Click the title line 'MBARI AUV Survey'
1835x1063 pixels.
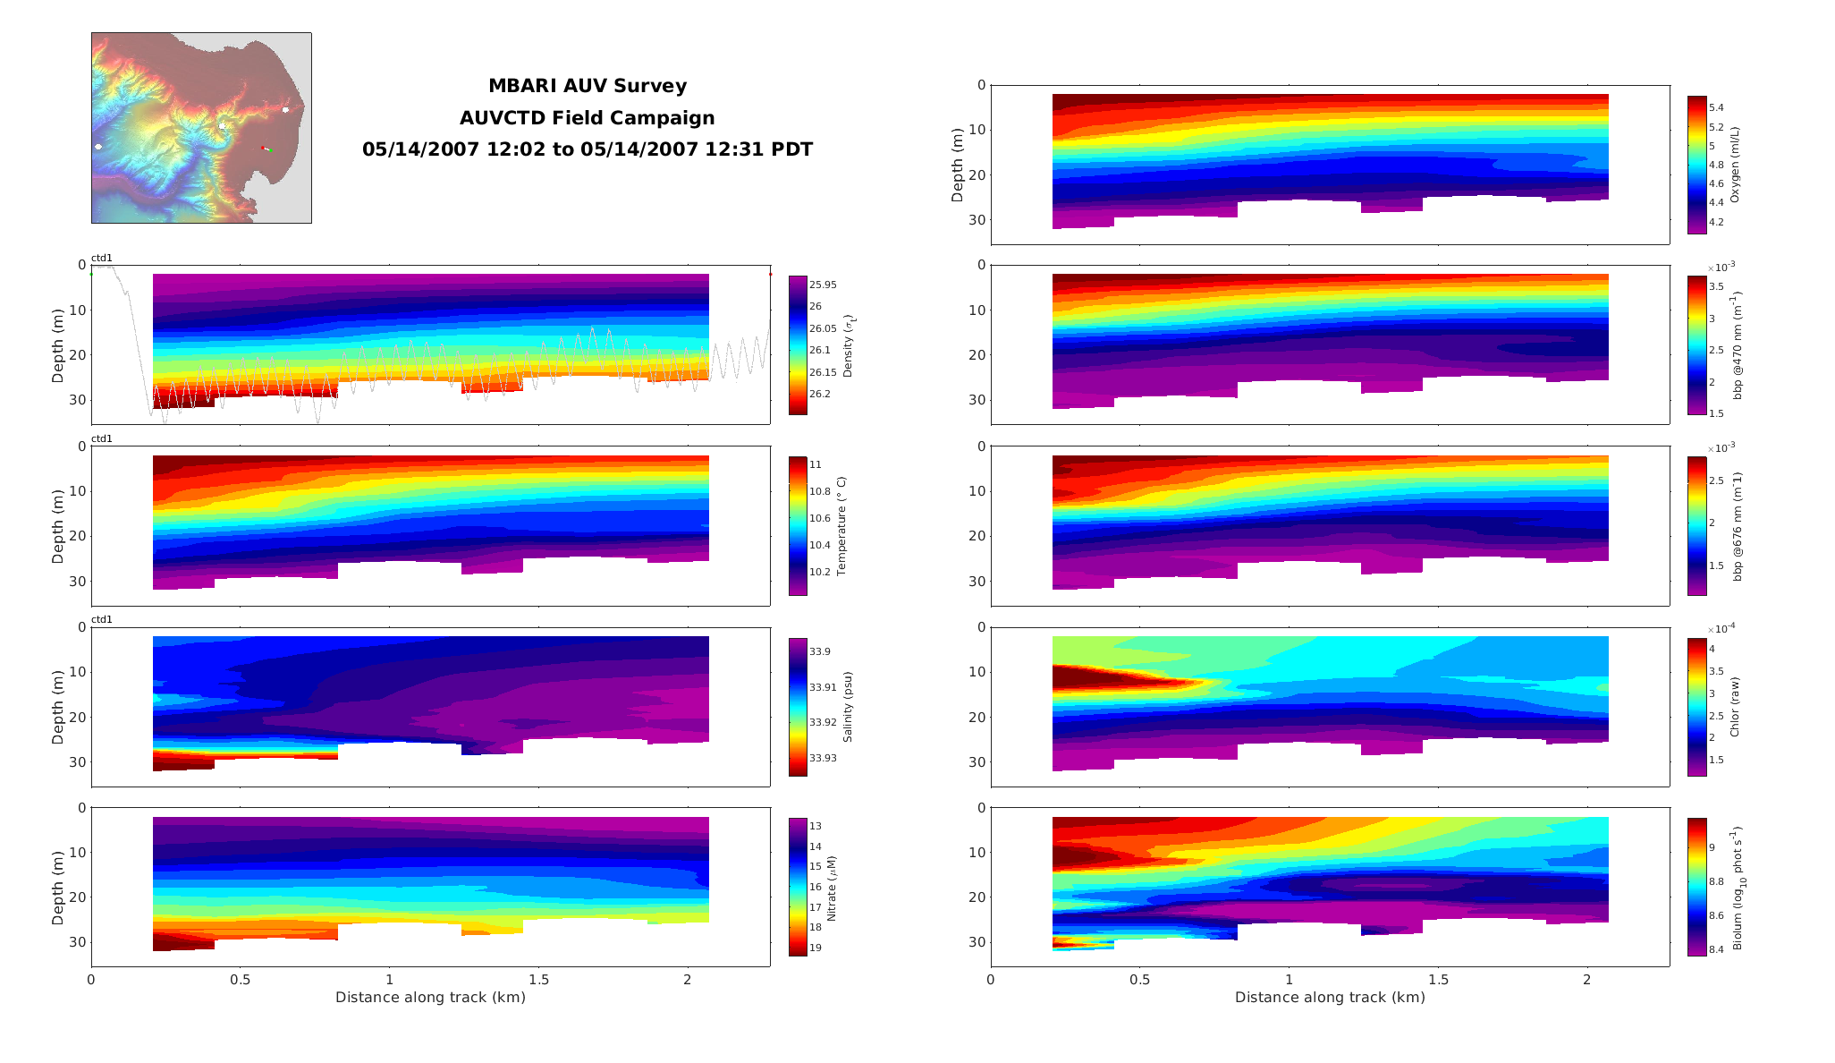(x=587, y=86)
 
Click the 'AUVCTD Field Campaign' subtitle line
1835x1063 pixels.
(x=587, y=118)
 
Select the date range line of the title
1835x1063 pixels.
(x=587, y=149)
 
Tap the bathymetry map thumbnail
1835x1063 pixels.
(x=201, y=128)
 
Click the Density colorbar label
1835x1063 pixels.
(x=848, y=345)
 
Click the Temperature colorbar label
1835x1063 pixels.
(x=841, y=525)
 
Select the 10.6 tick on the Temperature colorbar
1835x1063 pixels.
(x=819, y=518)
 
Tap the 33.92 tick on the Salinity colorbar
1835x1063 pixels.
(x=823, y=722)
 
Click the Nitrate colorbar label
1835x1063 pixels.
(x=832, y=888)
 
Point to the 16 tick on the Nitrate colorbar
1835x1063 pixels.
(x=816, y=887)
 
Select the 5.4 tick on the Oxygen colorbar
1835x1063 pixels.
(x=1716, y=107)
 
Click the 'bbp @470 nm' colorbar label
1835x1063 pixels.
(x=1738, y=344)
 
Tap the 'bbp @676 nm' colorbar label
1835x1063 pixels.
(x=1738, y=526)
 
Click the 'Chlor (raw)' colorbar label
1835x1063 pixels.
(x=1735, y=707)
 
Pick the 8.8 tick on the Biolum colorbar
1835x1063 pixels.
(x=1716, y=881)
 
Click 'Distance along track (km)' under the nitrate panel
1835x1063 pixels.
(x=430, y=997)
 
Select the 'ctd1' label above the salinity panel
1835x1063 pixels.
(x=102, y=619)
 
